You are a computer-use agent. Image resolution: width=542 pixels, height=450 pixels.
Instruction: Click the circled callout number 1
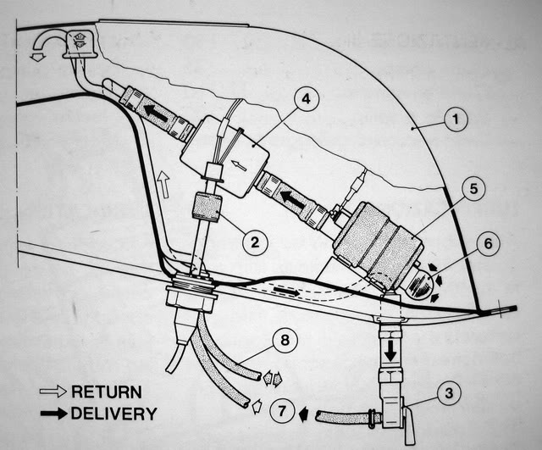(x=456, y=119)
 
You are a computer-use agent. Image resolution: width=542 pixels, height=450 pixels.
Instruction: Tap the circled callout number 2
(x=255, y=242)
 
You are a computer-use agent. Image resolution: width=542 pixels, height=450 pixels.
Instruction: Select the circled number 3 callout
(x=448, y=393)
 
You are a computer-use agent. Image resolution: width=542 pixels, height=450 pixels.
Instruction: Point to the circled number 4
(x=306, y=99)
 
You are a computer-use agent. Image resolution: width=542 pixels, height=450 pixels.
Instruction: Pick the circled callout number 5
(x=473, y=189)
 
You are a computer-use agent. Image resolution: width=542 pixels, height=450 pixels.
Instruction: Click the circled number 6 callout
(x=488, y=243)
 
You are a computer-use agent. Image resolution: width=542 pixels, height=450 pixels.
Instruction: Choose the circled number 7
(x=282, y=412)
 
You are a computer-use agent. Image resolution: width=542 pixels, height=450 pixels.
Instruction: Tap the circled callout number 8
(x=285, y=340)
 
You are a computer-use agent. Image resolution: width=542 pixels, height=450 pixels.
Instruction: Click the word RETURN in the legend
(x=107, y=392)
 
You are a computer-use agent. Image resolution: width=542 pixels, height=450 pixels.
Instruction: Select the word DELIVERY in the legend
(x=114, y=414)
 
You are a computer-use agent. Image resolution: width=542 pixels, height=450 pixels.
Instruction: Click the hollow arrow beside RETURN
(x=53, y=392)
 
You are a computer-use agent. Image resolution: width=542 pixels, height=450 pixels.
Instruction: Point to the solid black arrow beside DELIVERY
(x=53, y=414)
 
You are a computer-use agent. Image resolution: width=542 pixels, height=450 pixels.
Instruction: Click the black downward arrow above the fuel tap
(x=390, y=351)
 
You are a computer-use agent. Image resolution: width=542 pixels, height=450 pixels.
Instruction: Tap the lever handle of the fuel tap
(x=410, y=425)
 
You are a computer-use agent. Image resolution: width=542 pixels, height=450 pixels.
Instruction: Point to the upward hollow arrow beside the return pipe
(x=163, y=185)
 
